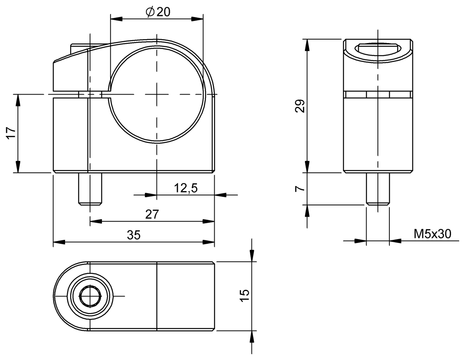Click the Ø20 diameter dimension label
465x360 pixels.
158,12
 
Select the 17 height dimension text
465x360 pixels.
11,133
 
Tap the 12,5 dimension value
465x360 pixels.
186,188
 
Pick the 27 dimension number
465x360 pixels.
152,214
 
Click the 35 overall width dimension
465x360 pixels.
134,235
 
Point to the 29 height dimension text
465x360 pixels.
300,106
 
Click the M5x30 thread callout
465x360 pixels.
432,234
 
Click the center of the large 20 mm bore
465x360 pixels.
157,94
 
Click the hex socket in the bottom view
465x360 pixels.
90,296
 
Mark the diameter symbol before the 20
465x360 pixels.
150,12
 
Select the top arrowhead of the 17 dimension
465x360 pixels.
18,99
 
